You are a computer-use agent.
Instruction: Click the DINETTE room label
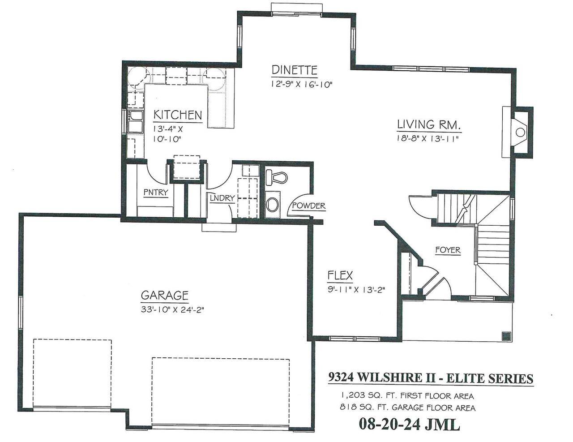point(295,70)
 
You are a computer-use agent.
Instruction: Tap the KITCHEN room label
point(178,115)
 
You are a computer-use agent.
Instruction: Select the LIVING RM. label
point(429,124)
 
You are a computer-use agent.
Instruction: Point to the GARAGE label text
point(164,296)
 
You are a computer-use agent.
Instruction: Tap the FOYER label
point(448,250)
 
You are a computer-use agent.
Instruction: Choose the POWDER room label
point(308,206)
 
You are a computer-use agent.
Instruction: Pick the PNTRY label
point(156,193)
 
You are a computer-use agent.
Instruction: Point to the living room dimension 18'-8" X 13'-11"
point(428,138)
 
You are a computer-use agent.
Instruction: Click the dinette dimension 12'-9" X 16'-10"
point(301,84)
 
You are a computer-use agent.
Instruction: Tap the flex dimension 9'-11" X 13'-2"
point(356,289)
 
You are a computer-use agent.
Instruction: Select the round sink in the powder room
point(272,205)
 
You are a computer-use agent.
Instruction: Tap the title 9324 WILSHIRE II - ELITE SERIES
point(431,379)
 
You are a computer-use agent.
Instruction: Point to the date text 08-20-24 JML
point(409,424)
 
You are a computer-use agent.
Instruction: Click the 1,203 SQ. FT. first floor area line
point(407,396)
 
